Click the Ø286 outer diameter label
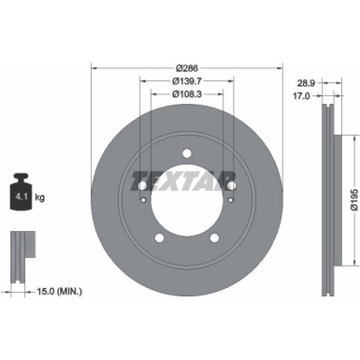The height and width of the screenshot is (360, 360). click(187, 67)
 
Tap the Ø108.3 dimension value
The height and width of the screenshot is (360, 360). click(187, 94)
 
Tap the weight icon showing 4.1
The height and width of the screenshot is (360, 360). click(19, 193)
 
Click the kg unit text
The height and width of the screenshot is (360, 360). click(39, 198)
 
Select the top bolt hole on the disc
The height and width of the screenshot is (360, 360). click(187, 153)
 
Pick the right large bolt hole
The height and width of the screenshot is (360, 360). click(231, 184)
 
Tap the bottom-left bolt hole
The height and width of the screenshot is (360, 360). click(160, 237)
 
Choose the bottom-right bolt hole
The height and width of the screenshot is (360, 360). click(214, 237)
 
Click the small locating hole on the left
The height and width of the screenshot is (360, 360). click(141, 198)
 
